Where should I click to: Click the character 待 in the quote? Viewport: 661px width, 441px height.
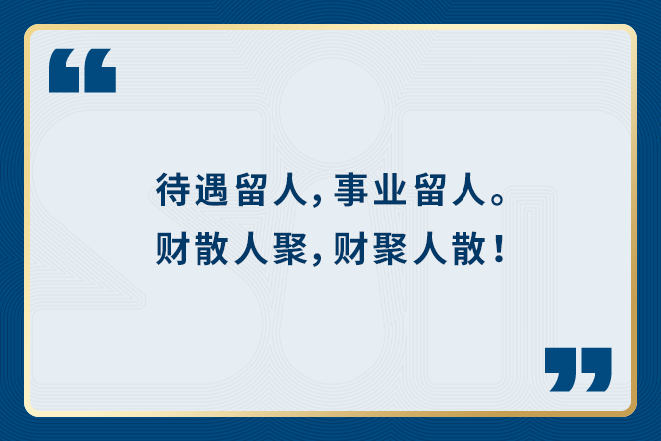click(x=172, y=189)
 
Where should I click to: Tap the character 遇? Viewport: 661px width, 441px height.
click(x=211, y=189)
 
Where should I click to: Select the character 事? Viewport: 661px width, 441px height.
click(x=350, y=189)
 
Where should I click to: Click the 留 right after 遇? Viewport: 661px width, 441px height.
click(x=251, y=189)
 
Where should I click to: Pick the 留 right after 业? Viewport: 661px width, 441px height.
click(x=430, y=189)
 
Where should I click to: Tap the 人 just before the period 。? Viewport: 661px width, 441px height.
click(x=468, y=189)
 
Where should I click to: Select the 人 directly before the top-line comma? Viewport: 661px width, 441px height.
click(x=290, y=189)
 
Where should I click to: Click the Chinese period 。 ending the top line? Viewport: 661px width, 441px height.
click(x=497, y=199)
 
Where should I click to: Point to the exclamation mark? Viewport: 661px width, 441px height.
click(x=499, y=248)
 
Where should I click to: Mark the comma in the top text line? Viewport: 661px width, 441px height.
click(x=317, y=202)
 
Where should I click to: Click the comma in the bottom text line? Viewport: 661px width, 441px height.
click(x=317, y=261)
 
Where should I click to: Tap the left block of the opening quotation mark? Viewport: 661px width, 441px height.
click(x=65, y=71)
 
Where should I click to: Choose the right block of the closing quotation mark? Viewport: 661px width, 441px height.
click(x=595, y=369)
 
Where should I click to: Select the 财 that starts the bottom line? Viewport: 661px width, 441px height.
click(x=172, y=249)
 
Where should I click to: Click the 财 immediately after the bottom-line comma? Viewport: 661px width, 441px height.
click(x=350, y=249)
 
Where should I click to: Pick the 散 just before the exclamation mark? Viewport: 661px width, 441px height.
click(x=468, y=249)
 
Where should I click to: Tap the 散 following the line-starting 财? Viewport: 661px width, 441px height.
click(x=211, y=249)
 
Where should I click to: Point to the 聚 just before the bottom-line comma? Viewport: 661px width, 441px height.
click(x=290, y=249)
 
